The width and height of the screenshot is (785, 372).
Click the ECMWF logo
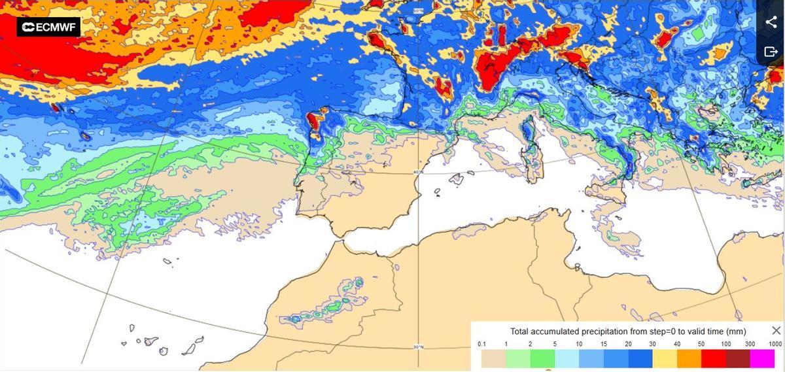pyautogui.click(x=48, y=27)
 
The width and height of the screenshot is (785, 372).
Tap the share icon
pyautogui.click(x=771, y=22)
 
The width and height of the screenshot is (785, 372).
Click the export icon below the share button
pyautogui.click(x=771, y=52)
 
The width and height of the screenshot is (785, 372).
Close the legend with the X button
pyautogui.click(x=776, y=331)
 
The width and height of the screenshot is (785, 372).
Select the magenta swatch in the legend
pyautogui.click(x=762, y=358)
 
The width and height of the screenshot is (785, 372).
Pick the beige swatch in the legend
pyautogui.click(x=493, y=358)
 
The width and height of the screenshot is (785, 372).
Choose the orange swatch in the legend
pyautogui.click(x=689, y=358)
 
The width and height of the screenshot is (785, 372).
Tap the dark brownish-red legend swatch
pyautogui.click(x=738, y=358)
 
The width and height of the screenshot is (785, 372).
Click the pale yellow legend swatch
pyautogui.click(x=665, y=358)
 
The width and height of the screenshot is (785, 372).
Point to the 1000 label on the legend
pyautogui.click(x=775, y=344)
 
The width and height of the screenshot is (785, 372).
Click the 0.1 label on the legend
pyautogui.click(x=482, y=344)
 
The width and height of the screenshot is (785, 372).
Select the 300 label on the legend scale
pyautogui.click(x=750, y=344)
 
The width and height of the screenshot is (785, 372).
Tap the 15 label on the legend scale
pyautogui.click(x=603, y=344)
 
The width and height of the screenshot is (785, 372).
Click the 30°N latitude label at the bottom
pyautogui.click(x=418, y=347)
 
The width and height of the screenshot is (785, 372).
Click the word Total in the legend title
pyautogui.click(x=521, y=331)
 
